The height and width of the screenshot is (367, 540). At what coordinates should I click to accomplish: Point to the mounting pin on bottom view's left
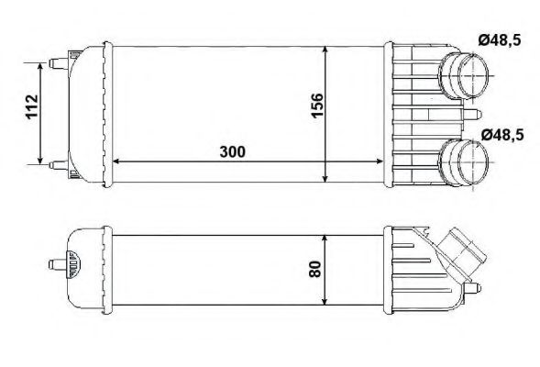(52, 267)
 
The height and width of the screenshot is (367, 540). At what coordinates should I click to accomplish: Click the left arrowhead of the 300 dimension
(114, 161)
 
